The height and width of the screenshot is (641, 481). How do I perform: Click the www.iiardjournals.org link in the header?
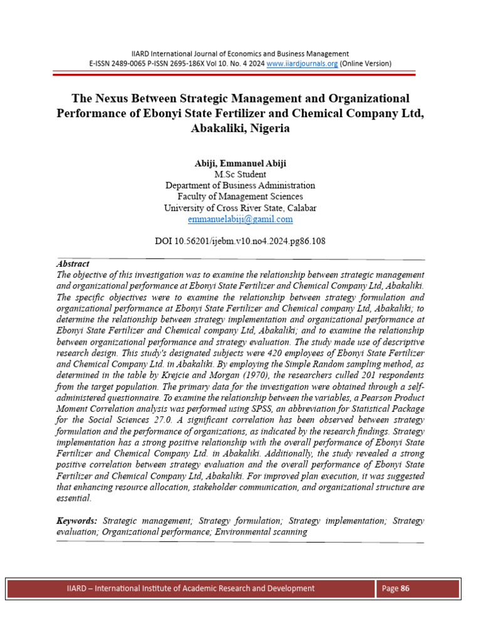(303, 63)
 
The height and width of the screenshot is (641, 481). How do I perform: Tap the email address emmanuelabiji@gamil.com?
(240, 220)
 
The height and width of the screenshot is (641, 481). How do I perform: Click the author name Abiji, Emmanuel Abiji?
(240, 163)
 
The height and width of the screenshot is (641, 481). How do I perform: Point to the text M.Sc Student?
(240, 175)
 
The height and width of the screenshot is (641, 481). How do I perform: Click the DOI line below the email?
(240, 240)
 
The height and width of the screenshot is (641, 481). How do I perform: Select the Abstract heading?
(73, 264)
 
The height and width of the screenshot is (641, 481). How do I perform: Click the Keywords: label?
(77, 521)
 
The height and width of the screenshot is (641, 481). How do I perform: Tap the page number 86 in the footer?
(405, 588)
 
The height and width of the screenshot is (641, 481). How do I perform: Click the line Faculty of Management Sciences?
(240, 197)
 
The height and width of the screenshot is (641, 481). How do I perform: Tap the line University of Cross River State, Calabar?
(240, 208)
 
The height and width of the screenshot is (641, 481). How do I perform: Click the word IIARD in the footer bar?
(79, 588)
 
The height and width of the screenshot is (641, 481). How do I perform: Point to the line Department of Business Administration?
(240, 186)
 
